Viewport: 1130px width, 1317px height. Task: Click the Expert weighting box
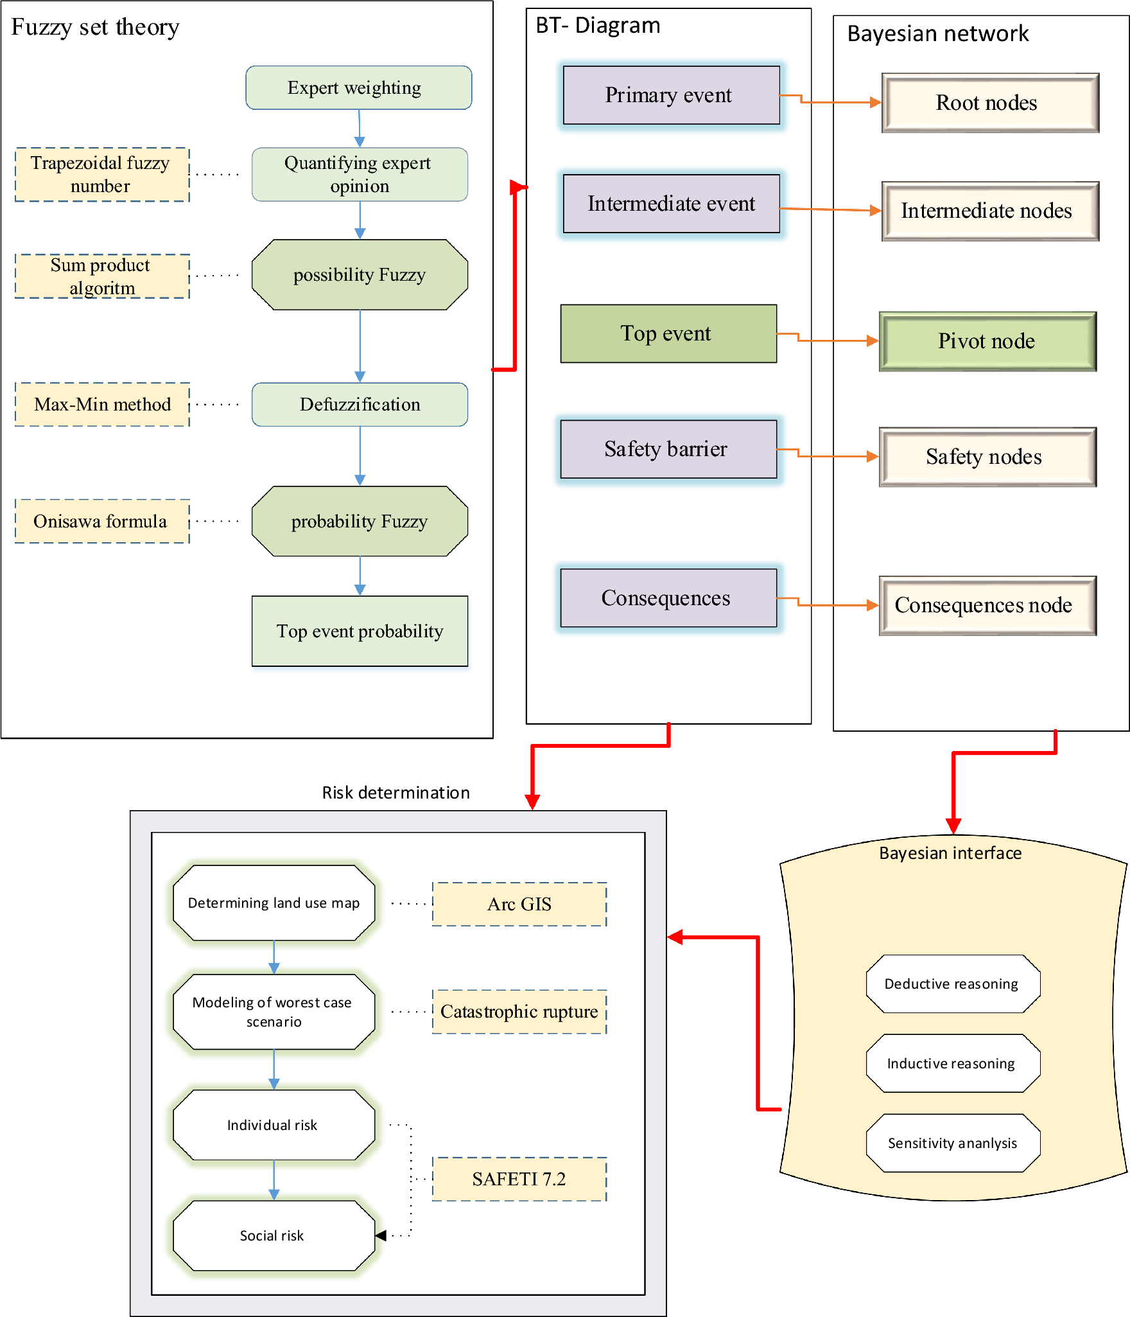click(358, 87)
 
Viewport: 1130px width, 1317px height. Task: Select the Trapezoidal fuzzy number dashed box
click(102, 175)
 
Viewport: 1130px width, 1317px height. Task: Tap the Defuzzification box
click(360, 405)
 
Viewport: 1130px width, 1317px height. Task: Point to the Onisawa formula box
click(102, 521)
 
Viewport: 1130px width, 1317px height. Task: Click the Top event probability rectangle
click(360, 631)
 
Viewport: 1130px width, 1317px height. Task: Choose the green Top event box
click(668, 333)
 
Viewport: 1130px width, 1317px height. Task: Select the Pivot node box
click(987, 341)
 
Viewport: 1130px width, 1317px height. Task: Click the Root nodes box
click(989, 103)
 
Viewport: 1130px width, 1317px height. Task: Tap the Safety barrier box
click(668, 449)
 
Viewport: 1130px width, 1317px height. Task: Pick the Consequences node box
click(987, 605)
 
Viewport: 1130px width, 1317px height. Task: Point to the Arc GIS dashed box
click(519, 904)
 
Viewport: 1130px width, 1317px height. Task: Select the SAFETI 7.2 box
click(519, 1179)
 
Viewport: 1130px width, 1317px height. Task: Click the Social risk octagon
click(274, 1235)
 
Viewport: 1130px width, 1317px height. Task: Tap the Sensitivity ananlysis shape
click(953, 1143)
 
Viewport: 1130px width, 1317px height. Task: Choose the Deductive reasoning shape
click(953, 984)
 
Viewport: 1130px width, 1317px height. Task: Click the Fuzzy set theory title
click(95, 27)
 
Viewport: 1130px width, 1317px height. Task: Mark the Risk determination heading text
click(395, 792)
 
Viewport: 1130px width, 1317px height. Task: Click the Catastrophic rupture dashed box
click(519, 1012)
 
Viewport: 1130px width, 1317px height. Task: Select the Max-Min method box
click(102, 405)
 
